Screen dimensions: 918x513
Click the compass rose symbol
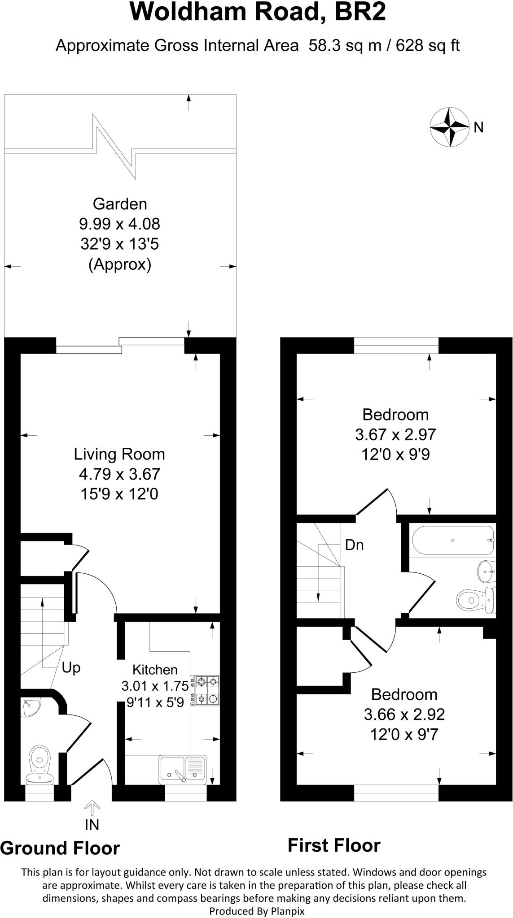click(x=449, y=127)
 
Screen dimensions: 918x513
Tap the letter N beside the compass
click(x=479, y=128)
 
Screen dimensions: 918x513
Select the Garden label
click(x=120, y=204)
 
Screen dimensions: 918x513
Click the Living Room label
click(x=119, y=454)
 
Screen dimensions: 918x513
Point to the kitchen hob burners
click(x=206, y=690)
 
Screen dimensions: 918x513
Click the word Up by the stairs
click(x=71, y=667)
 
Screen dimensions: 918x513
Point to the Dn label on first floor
click(x=354, y=545)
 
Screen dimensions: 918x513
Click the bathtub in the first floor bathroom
click(x=452, y=541)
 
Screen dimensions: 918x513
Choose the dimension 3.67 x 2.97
click(x=395, y=434)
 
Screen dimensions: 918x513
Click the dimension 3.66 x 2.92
click(x=404, y=714)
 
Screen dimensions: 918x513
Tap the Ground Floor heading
click(x=60, y=848)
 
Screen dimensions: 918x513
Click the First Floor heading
click(x=334, y=845)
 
